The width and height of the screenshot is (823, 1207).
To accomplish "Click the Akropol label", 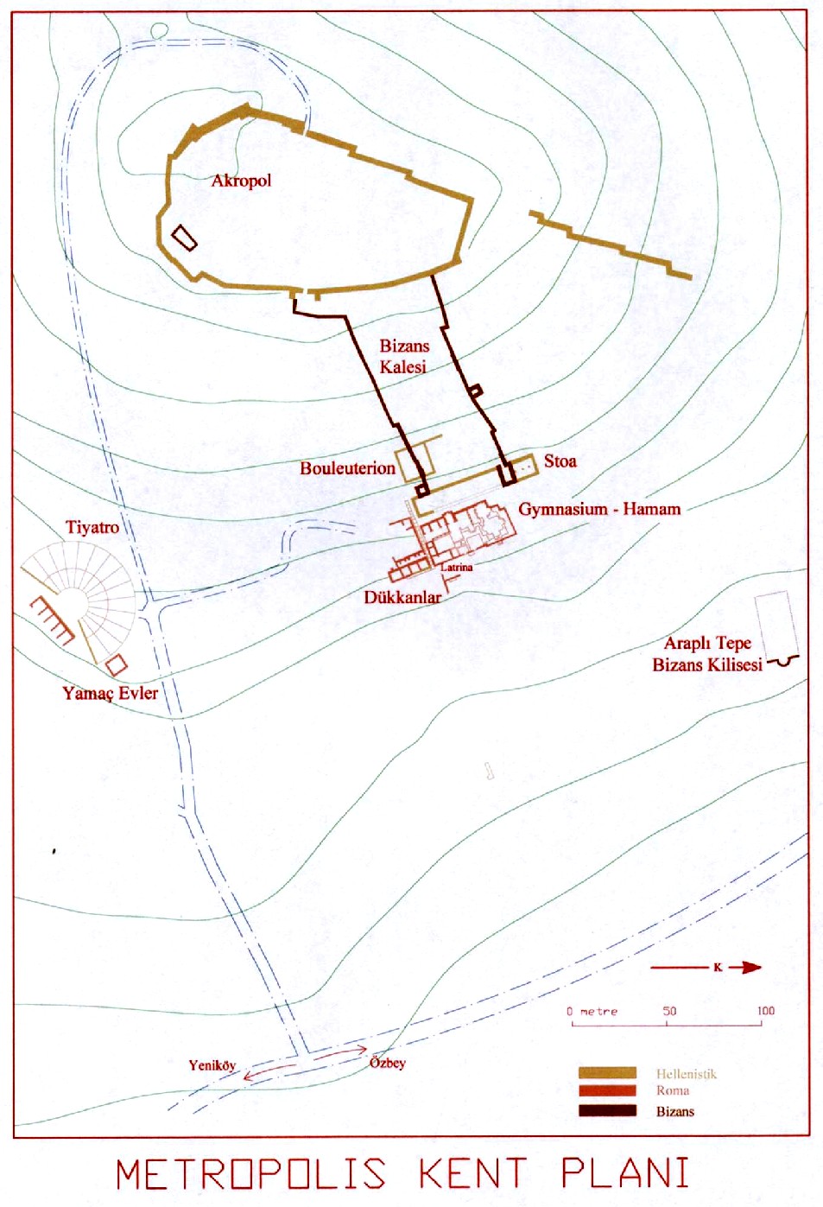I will [241, 181].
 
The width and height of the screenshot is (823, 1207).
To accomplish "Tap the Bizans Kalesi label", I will [403, 356].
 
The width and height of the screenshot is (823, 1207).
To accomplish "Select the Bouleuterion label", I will [347, 468].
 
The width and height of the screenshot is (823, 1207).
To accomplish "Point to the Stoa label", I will [560, 461].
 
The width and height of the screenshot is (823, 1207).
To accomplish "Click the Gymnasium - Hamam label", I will [599, 509].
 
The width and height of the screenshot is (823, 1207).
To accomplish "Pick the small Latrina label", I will [457, 568].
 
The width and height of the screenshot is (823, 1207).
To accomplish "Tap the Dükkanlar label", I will [402, 597].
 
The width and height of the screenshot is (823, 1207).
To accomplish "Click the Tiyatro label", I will [92, 527].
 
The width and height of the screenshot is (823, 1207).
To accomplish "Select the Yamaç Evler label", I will [110, 693].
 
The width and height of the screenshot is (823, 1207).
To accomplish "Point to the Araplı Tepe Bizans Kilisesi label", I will [707, 654].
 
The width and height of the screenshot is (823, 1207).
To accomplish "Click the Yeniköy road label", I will [212, 1065].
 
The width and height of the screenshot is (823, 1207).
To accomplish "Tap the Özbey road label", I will [388, 1063].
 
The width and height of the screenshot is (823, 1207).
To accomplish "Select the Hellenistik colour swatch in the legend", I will [607, 1073].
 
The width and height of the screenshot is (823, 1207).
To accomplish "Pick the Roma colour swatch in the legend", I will [607, 1091].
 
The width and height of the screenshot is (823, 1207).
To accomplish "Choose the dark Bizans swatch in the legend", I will [607, 1111].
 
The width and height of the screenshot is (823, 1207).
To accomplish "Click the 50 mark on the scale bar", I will [668, 1012].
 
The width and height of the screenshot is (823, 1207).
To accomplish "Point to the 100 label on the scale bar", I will [765, 1011].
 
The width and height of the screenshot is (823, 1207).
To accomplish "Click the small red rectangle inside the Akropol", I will [184, 238].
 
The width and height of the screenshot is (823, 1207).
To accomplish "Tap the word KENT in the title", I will [472, 1174].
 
